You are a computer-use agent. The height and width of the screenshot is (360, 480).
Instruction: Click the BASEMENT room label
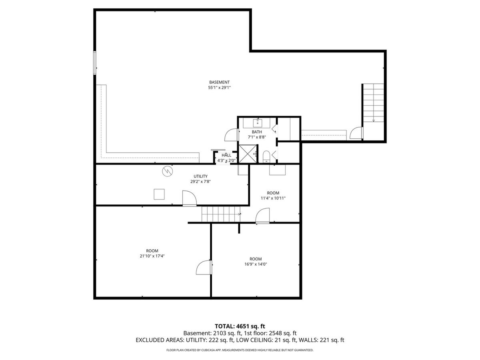pos(219,82)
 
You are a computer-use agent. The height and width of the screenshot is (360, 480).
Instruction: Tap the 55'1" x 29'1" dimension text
pos(219,88)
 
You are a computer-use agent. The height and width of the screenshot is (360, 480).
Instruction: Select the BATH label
pos(257,132)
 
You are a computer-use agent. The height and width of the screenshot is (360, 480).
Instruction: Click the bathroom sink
pos(258,123)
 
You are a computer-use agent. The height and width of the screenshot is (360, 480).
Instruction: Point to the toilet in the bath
pos(266,156)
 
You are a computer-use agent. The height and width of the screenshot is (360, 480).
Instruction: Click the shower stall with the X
pos(248,154)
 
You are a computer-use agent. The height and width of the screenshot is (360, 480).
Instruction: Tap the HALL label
pos(226,155)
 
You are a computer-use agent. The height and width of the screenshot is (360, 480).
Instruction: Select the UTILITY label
pos(200,176)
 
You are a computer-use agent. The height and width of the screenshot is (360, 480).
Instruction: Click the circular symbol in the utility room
pos(168,171)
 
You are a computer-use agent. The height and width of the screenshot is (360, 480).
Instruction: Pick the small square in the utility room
pos(159,194)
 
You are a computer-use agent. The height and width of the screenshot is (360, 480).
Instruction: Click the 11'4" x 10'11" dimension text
pos(273,198)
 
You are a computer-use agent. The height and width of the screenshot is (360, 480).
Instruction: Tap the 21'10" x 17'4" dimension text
pos(152,256)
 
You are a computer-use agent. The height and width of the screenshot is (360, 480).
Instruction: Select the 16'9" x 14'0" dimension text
pos(256,264)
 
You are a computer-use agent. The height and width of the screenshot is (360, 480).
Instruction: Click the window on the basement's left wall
pos(95,63)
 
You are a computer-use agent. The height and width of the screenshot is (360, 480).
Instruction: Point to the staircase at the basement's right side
pos(373,103)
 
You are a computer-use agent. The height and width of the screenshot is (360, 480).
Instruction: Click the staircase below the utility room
pos(221,214)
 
